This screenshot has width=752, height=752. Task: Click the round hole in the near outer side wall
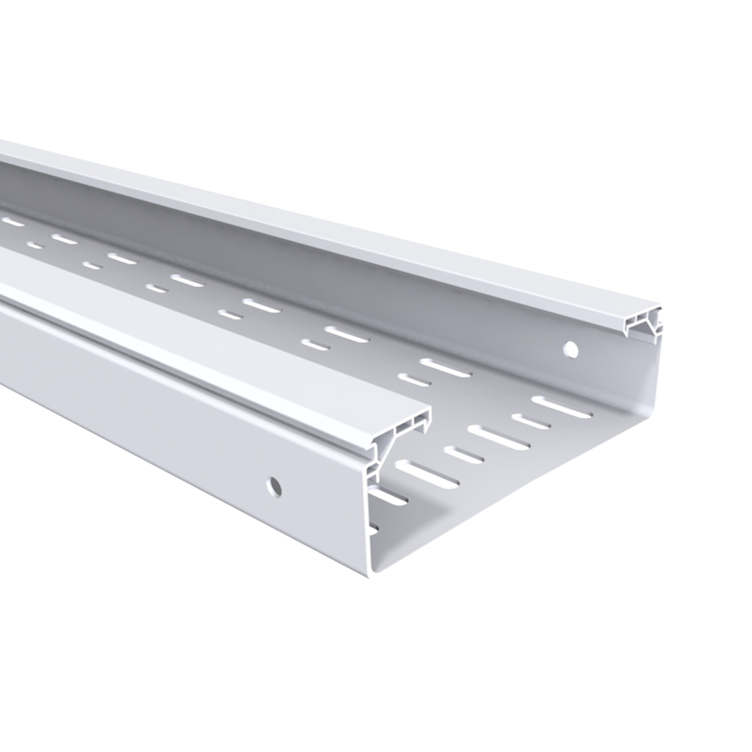pos(275,485)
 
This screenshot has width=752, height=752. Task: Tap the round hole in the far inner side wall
pos(571,350)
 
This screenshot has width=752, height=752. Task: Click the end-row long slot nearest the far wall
pos(561,407)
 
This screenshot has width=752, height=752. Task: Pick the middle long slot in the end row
pos(498,437)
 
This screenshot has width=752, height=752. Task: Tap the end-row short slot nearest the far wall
pos(530,422)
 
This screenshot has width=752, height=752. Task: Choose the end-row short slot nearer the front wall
pos(463,455)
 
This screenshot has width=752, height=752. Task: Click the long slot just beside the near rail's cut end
pos(427,474)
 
